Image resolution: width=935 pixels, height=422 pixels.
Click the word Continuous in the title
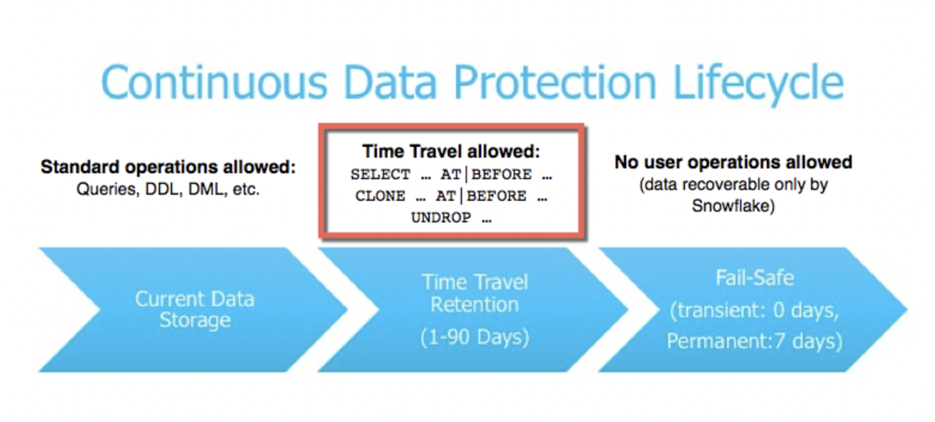214,82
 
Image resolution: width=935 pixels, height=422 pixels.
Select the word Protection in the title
555,82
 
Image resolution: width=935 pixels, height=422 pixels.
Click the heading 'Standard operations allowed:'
168,167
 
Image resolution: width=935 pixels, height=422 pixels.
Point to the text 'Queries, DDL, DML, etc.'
168,189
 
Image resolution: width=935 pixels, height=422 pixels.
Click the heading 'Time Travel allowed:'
451,152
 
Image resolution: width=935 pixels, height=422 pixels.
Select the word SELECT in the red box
380,174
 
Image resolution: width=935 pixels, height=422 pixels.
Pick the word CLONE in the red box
380,196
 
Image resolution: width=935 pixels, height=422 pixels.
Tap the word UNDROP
441,218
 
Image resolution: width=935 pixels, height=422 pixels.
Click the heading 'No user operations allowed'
734,162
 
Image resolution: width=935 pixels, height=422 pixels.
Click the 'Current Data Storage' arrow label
195,310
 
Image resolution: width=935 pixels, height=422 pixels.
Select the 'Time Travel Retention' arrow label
475,294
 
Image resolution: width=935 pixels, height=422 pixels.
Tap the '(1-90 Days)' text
475,337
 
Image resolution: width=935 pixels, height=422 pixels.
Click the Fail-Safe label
755,278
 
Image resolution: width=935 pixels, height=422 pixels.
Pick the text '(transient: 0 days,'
755,311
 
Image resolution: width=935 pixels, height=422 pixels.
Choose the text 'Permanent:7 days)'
755,341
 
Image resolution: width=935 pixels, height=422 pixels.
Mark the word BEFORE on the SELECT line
502,174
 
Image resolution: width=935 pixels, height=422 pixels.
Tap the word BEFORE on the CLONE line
497,196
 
